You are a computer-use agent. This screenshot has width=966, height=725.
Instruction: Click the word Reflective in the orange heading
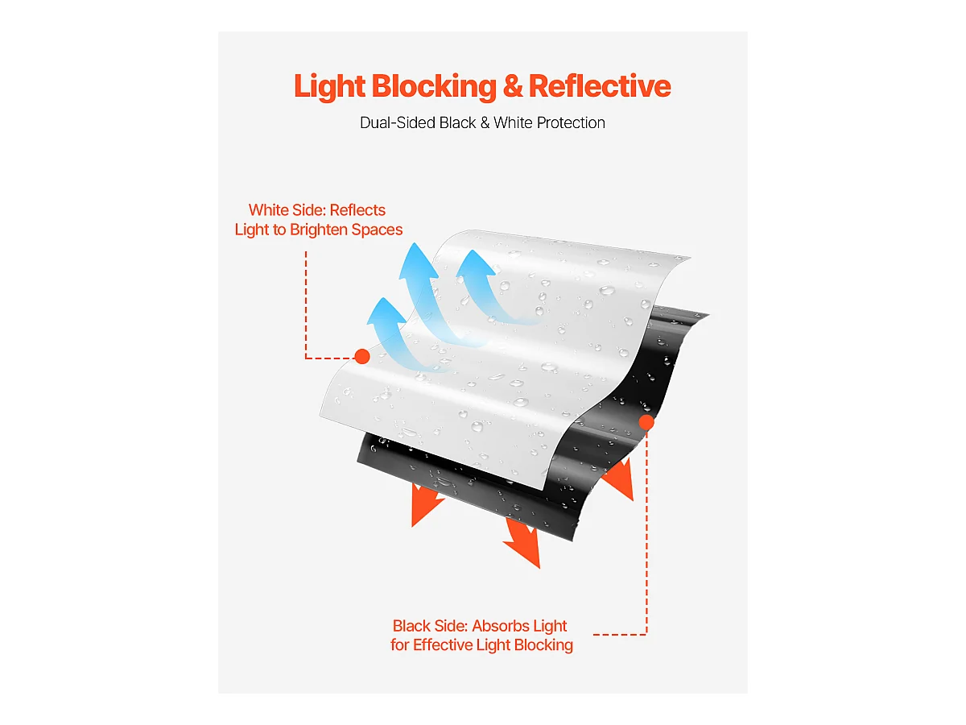click(600, 86)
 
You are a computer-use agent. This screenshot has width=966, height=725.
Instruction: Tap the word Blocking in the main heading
click(435, 87)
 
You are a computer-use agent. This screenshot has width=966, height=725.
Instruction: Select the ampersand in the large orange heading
click(513, 86)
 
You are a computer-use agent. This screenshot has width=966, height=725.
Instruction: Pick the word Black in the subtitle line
click(458, 122)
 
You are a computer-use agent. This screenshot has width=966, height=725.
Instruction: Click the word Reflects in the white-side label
click(357, 210)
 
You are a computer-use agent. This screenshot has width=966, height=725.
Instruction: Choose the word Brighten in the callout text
click(319, 230)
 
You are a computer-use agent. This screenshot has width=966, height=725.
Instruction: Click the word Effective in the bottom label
click(442, 645)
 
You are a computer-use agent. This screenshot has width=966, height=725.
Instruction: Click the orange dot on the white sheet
click(362, 357)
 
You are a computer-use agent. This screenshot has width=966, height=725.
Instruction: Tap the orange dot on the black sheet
click(646, 423)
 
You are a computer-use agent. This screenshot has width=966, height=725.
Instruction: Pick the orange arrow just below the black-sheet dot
click(620, 480)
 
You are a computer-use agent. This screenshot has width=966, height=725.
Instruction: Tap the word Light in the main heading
click(329, 87)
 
